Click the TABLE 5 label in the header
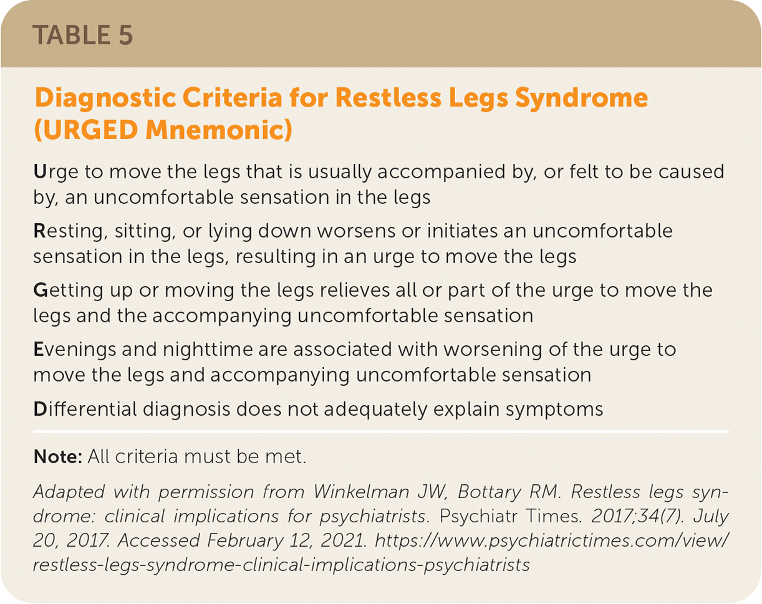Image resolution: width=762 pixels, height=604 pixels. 82,35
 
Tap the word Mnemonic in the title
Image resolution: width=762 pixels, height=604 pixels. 218,130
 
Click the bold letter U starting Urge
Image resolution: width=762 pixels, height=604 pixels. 40,171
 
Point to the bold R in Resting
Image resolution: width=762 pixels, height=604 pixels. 40,231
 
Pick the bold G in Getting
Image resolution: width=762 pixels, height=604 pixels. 41,290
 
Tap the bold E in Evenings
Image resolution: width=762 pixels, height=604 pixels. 39,350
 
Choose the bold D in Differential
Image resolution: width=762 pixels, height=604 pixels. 41,409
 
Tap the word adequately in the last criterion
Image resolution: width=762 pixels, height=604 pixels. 375,410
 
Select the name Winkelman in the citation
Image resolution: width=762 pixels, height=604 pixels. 362,492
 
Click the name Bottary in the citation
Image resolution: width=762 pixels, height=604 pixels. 490,492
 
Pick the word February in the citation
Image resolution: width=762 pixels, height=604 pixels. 246,541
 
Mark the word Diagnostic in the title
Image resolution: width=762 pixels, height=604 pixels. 105,98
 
